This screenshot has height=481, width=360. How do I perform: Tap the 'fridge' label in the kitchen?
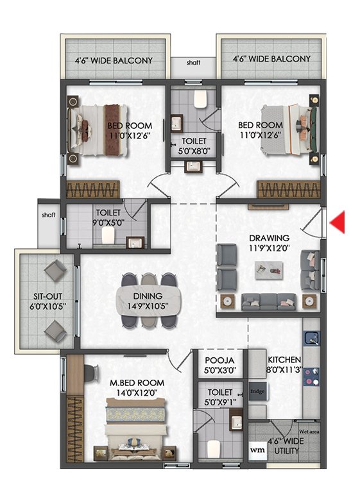coord(257,391)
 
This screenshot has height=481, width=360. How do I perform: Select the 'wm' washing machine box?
coord(257,450)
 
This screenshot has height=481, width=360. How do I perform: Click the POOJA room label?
coord(219,360)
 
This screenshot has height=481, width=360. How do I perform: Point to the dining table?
coord(148,301)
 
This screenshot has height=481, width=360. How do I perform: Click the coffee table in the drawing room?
coord(269,270)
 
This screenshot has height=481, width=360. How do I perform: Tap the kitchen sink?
coord(311,338)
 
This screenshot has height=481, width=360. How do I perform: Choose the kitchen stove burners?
coord(311,376)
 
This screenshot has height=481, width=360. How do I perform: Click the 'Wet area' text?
coord(309,432)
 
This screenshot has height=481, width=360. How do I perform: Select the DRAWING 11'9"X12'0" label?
coord(269,242)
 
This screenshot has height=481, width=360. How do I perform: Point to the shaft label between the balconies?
coord(193,63)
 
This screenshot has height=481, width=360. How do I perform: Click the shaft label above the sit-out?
coord(49,215)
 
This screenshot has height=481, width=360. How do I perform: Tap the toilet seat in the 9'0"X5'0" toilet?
coord(108,235)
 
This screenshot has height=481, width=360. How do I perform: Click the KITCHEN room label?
coord(284,360)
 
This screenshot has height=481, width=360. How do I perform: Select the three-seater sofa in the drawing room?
coord(269,302)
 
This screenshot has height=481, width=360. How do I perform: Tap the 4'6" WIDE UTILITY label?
coord(286,446)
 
